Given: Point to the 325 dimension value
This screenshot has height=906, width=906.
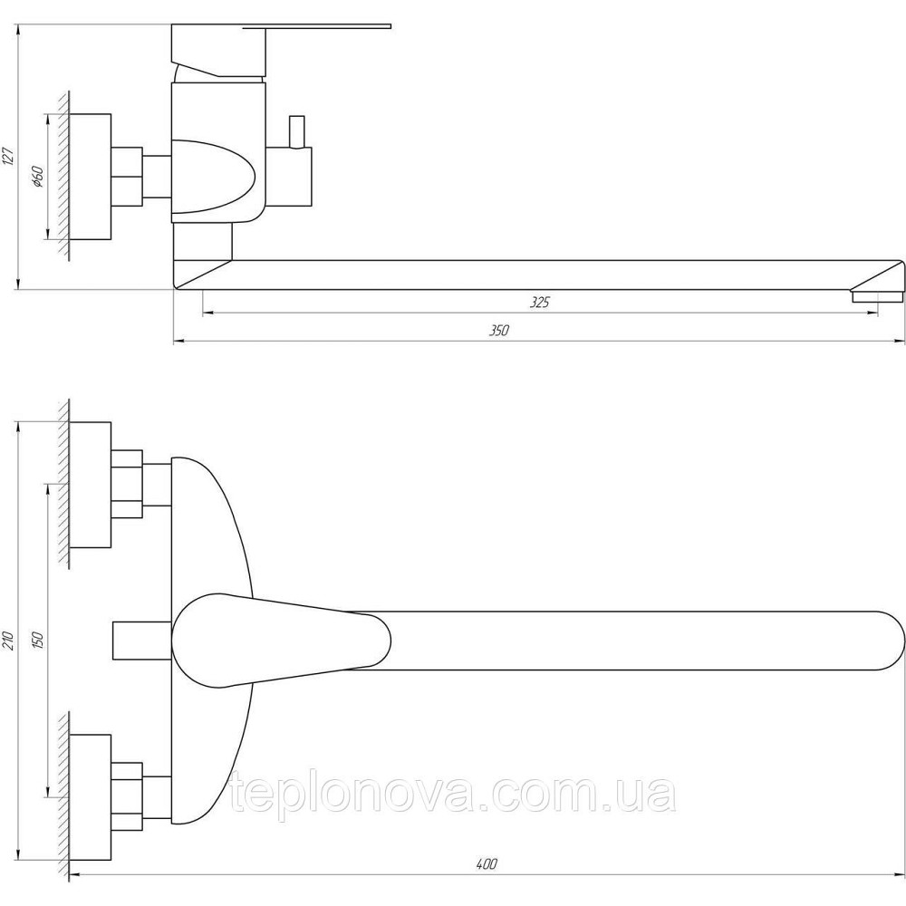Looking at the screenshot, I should click(540, 303).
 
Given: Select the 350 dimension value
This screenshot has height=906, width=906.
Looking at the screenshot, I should click(499, 331).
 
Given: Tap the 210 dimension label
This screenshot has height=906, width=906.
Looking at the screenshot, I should click(8, 641).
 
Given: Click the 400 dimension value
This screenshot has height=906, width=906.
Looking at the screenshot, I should click(487, 864).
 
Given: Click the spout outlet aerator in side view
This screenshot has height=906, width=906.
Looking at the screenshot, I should click(877, 296).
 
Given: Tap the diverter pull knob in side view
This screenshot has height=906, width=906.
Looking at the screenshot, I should click(296, 130).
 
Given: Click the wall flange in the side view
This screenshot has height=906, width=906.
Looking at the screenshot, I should click(91, 177).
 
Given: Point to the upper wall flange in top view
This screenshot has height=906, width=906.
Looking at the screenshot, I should click(91, 485).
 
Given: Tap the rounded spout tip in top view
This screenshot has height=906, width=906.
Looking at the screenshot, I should click(883, 640).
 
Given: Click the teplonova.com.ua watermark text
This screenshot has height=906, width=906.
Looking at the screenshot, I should click(453, 795).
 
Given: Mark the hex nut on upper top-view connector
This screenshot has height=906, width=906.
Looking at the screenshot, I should click(127, 485).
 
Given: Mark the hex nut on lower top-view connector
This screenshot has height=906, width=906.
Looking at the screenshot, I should click(127, 795).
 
